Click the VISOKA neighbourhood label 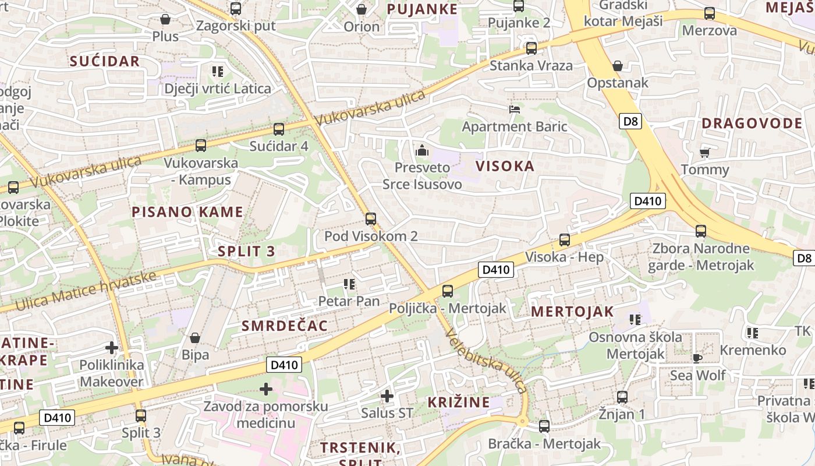click(x=505, y=166)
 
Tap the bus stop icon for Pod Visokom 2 click(x=371, y=219)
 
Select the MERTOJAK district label click(x=572, y=312)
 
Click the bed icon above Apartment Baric click(x=515, y=109)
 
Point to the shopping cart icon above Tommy click(x=705, y=153)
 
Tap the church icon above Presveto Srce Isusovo click(x=422, y=151)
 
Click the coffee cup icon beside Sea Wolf click(x=697, y=358)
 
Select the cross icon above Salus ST click(x=387, y=397)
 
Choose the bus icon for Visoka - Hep click(x=564, y=240)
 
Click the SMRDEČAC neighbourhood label click(x=285, y=326)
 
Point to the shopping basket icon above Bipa click(x=195, y=338)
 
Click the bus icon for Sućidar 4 click(x=279, y=129)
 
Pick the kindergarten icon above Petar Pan click(x=349, y=284)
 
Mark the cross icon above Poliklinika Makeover click(x=112, y=348)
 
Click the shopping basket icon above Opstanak click(x=618, y=66)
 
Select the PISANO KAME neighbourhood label click(x=187, y=212)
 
